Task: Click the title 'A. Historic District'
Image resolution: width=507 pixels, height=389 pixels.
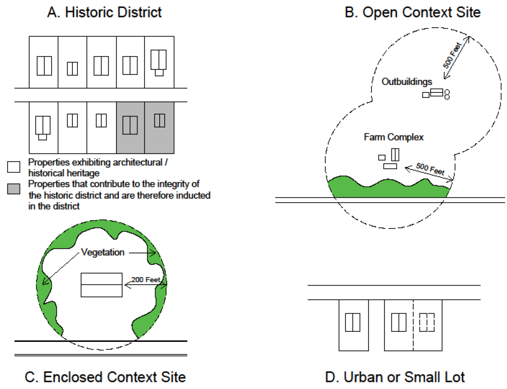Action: [104, 12]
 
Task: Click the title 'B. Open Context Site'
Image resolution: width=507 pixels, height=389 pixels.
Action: [413, 12]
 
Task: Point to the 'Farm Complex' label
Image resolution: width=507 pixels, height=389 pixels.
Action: [394, 137]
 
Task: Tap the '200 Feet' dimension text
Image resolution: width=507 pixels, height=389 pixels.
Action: [145, 279]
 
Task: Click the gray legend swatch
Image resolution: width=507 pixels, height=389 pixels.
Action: [14, 189]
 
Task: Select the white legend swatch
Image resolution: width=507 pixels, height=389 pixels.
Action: [14, 165]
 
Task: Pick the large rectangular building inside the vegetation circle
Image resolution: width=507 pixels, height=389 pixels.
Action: [101, 285]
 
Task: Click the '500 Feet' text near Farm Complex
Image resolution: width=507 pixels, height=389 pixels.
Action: [431, 169]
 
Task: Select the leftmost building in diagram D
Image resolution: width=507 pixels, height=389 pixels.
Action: [353, 322]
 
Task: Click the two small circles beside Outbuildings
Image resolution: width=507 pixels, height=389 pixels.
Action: [447, 93]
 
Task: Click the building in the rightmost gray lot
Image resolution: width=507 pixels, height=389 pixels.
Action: [160, 120]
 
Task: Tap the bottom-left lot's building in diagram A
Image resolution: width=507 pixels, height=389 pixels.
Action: [43, 126]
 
